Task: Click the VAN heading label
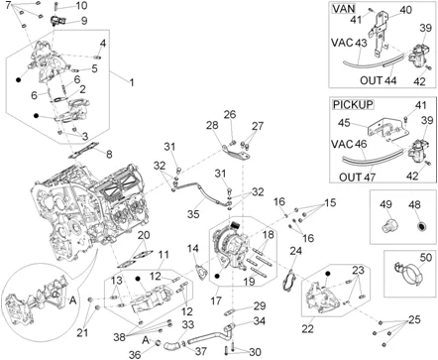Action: tap(344, 8)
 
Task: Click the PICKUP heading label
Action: tap(353, 104)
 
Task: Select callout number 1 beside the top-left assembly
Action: tap(132, 82)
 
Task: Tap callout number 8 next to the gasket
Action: tap(109, 155)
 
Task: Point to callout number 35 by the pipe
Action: tap(193, 213)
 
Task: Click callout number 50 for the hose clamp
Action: tap(426, 257)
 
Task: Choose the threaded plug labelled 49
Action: tap(387, 225)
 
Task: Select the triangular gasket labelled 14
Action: tap(201, 273)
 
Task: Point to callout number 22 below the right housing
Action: tap(307, 328)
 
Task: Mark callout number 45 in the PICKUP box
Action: tap(344, 123)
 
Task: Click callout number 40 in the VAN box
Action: tap(406, 10)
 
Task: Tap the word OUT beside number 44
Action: tap(371, 80)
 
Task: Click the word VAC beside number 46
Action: tap(342, 144)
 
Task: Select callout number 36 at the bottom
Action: tap(135, 354)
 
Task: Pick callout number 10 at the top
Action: tap(81, 5)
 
